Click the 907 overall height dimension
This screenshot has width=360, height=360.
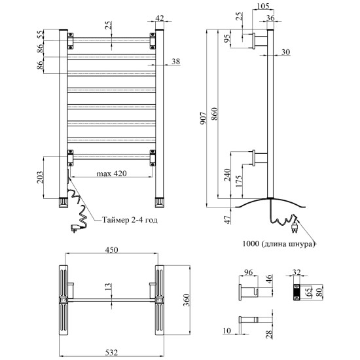pos(204,118)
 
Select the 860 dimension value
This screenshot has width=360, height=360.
pos(215,114)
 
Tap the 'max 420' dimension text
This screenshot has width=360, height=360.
pos(111,173)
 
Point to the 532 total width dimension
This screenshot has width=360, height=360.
pos(111,352)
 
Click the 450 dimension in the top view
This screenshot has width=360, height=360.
pos(111,249)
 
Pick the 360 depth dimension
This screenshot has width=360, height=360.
pos(187,300)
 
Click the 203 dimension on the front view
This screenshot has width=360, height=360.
pos(40,177)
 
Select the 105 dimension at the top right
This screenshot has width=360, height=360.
pos(262,6)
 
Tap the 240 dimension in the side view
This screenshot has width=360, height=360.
pos(227,175)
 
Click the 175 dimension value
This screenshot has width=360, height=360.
pos(239,181)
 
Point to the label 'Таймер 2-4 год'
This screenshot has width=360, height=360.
pos(130,220)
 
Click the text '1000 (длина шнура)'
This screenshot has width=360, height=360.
pos(278,243)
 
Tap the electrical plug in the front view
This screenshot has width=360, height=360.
pos(75,228)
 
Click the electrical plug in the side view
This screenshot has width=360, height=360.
pos(294,228)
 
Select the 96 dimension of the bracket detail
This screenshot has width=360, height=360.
pos(248,272)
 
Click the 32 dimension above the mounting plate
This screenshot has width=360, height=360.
pos(296,272)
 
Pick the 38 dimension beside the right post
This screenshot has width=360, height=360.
pos(175,62)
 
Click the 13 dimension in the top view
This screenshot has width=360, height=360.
pos(109,287)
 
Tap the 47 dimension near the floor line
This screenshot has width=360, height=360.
pos(227,220)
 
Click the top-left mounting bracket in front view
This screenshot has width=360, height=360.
pos(71,41)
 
